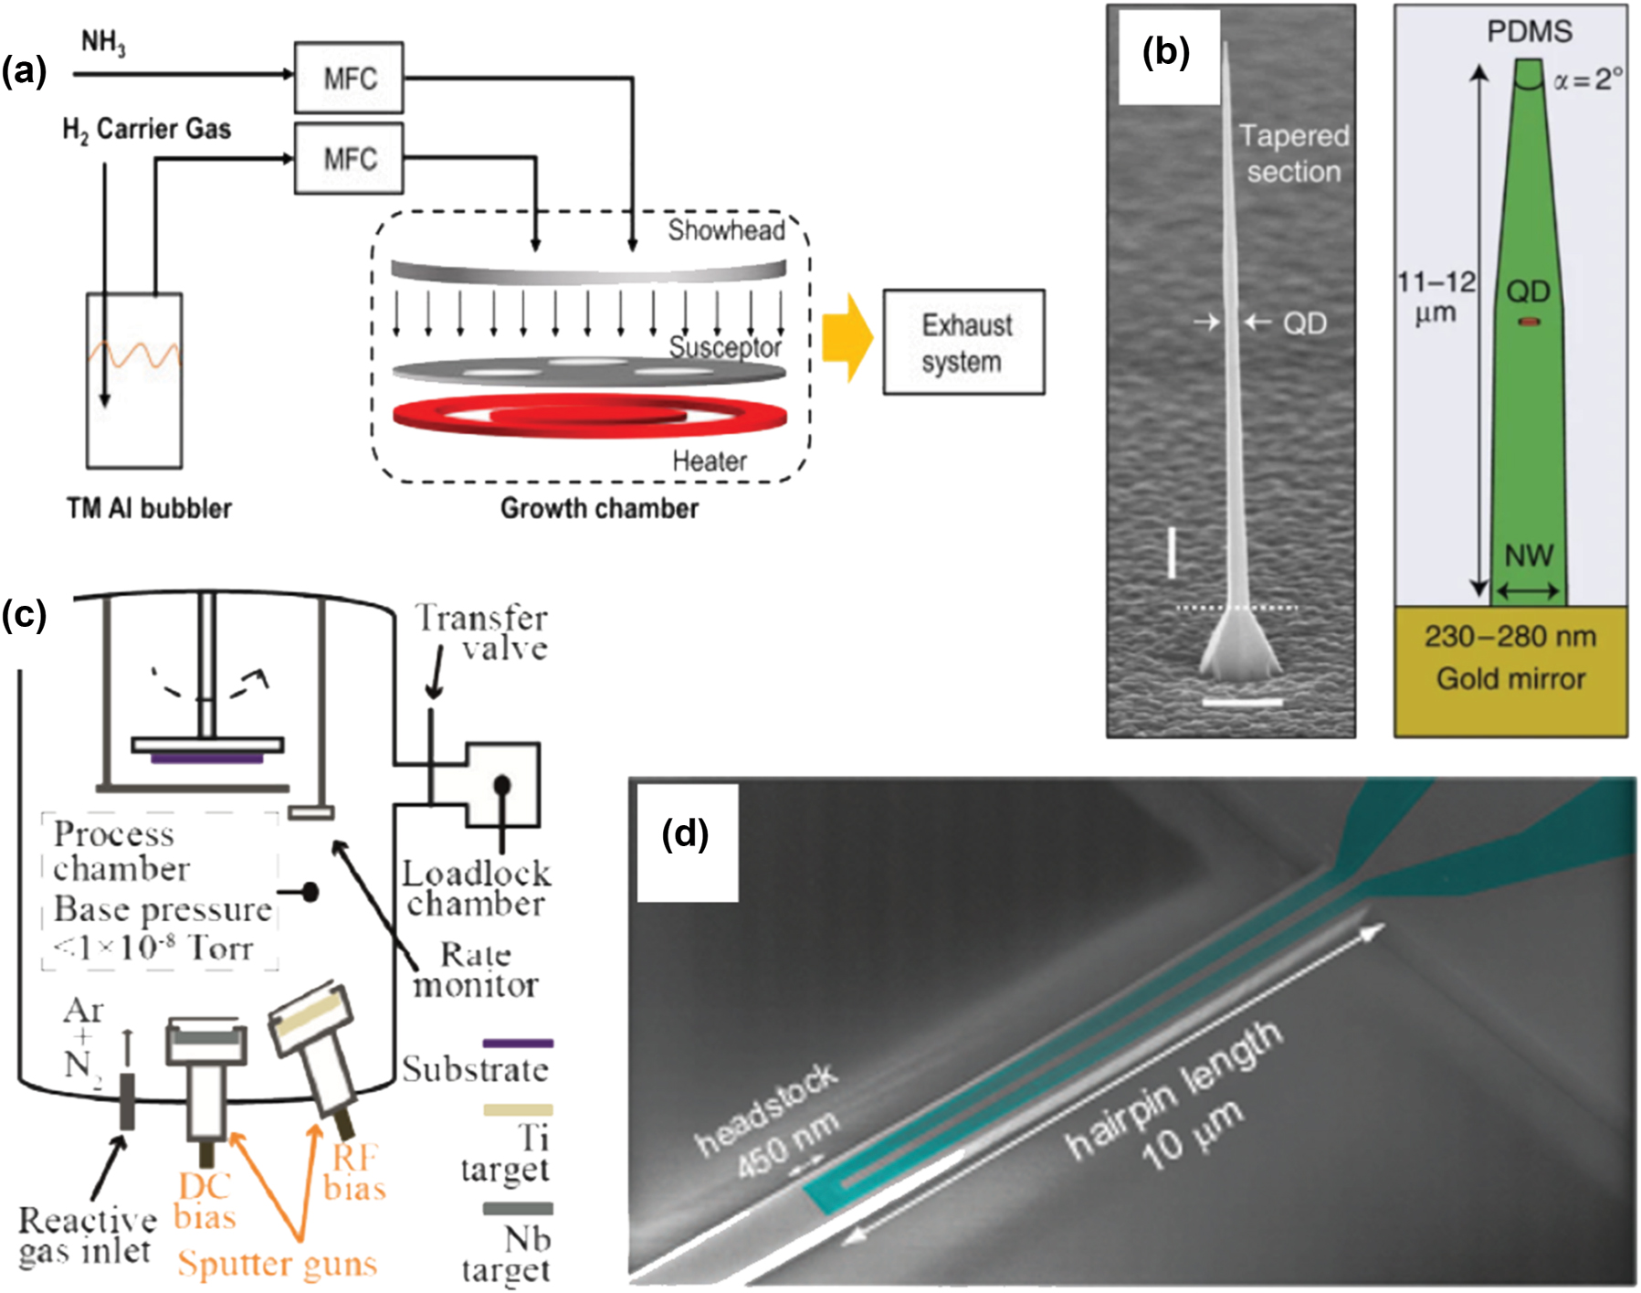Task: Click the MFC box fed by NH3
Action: [x=349, y=78]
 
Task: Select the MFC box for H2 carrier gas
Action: [x=349, y=159]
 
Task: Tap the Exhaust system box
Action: [x=963, y=343]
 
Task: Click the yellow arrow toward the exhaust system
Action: [x=847, y=338]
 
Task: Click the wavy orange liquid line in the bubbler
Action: [x=134, y=355]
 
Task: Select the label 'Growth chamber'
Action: [x=599, y=508]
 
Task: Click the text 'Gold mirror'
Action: [x=1510, y=679]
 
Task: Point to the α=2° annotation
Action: [x=1587, y=80]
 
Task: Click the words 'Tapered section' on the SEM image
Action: [x=1293, y=154]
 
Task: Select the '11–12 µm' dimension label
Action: [x=1436, y=297]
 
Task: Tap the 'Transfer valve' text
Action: [x=482, y=632]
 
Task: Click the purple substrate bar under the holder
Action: [x=207, y=758]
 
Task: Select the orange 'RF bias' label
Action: [x=354, y=1172]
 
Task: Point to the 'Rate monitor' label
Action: [x=476, y=970]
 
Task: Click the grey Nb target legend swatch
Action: [x=518, y=1208]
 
